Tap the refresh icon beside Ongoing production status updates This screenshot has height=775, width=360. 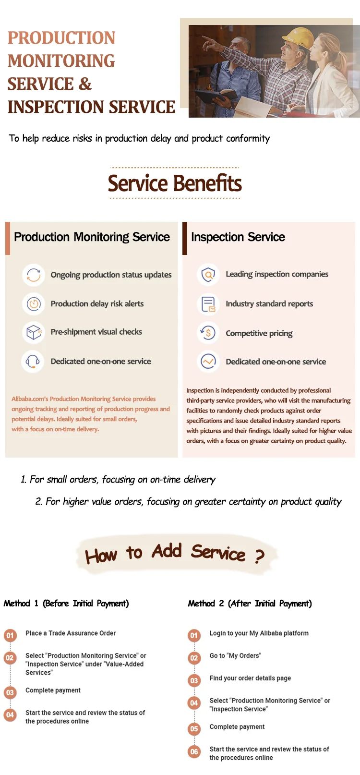[34, 275]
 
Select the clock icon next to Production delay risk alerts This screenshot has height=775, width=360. [34, 304]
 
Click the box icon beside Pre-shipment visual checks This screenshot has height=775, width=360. [34, 332]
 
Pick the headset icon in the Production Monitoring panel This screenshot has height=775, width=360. [33, 362]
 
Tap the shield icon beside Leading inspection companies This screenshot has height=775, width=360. [208, 275]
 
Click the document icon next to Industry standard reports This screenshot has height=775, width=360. [208, 304]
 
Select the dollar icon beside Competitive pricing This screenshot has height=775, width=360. [208, 333]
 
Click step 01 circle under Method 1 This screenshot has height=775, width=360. [10, 635]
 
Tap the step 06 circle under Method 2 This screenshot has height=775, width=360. [194, 751]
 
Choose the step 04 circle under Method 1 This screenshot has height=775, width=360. [10, 715]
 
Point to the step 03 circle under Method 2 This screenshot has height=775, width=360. [194, 680]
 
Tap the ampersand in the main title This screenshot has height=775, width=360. [84, 84]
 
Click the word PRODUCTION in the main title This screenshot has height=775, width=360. [61, 38]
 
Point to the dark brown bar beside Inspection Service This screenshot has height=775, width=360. [185, 238]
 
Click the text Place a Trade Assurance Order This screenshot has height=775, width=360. [71, 633]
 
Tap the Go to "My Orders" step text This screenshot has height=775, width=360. [235, 655]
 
